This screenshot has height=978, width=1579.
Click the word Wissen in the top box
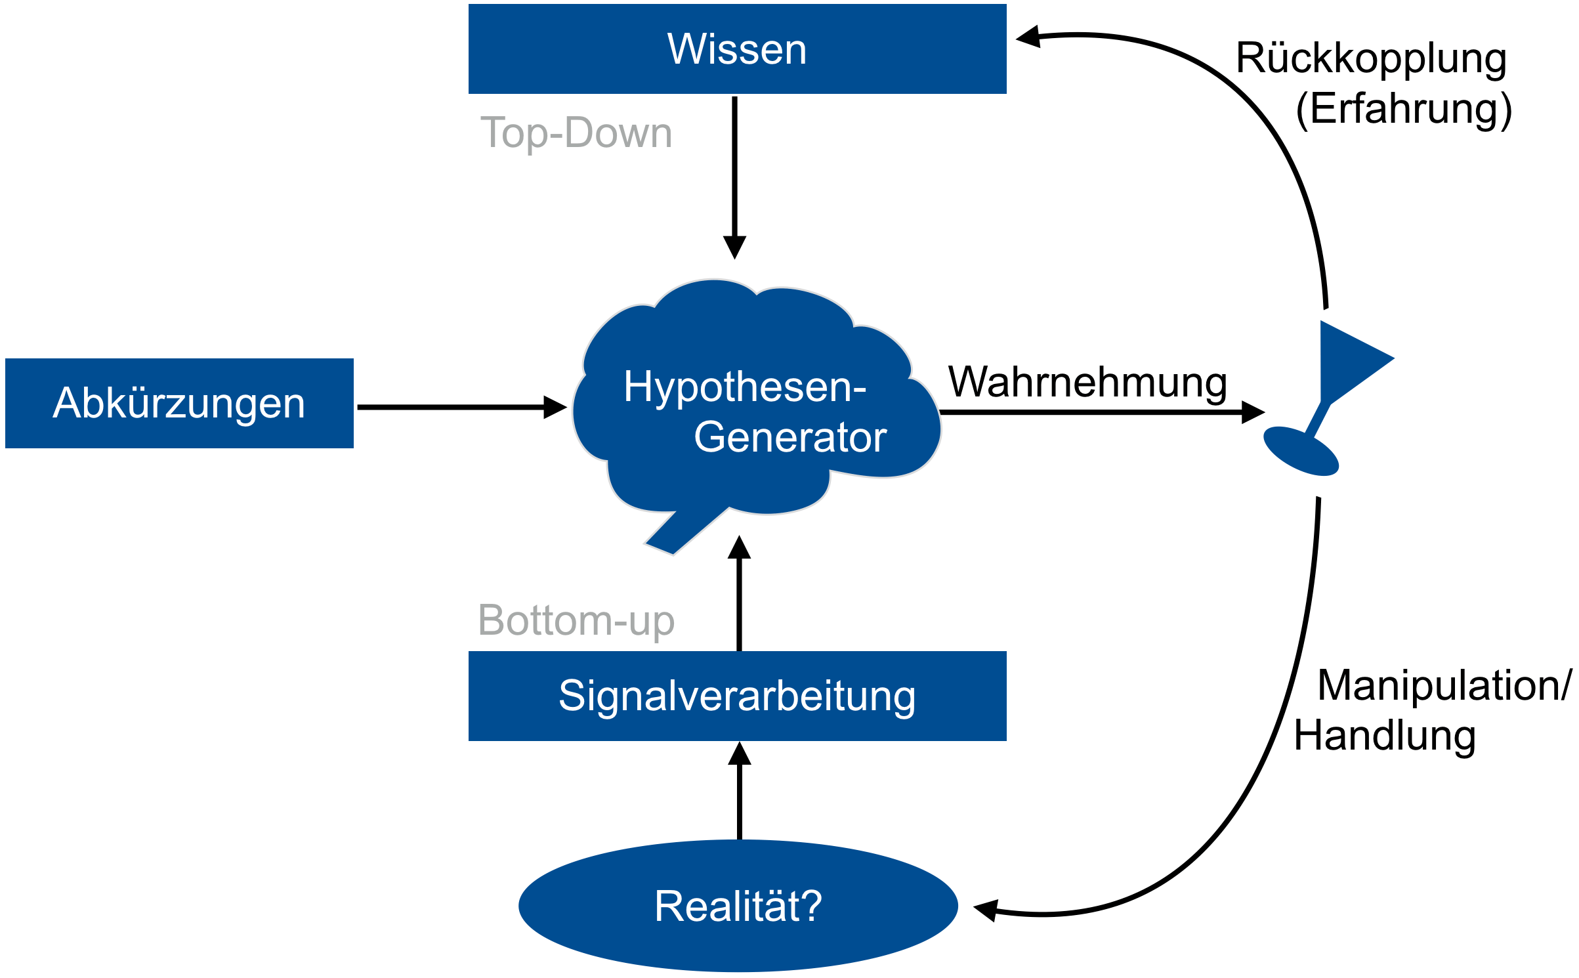737,49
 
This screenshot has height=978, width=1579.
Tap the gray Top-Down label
576,133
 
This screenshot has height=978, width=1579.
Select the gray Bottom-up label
576,620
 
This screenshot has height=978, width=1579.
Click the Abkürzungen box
179,403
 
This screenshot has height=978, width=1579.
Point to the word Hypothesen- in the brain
745,387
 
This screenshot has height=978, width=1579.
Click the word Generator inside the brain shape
790,437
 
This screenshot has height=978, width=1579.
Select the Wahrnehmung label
1087,383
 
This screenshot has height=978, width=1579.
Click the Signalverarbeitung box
737,696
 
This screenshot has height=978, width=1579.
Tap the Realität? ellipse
738,906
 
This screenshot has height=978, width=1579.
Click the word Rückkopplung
1371,59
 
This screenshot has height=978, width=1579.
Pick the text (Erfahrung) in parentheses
1404,109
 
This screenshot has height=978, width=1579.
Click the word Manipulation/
1444,685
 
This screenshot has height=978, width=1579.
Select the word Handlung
1385,735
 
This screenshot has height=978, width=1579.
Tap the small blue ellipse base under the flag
1301,451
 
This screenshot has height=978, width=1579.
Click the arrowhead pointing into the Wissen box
1029,37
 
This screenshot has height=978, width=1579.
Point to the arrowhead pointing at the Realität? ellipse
986,910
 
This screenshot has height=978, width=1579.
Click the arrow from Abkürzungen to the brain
459,407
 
